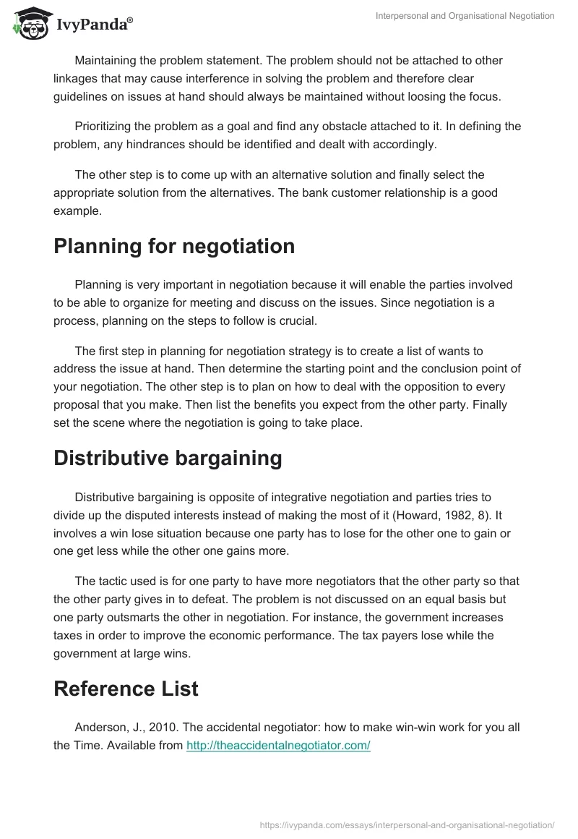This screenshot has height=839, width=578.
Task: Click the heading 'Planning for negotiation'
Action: pyautogui.click(x=174, y=246)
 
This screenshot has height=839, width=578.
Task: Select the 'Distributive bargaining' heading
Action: pyautogui.click(x=168, y=459)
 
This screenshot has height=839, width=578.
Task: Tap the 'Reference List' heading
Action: pyautogui.click(x=126, y=689)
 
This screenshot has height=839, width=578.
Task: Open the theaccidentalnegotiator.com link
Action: pyautogui.click(x=278, y=746)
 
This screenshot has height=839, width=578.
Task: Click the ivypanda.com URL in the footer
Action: pyautogui.click(x=407, y=824)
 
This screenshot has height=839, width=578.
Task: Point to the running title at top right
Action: pyautogui.click(x=465, y=16)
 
